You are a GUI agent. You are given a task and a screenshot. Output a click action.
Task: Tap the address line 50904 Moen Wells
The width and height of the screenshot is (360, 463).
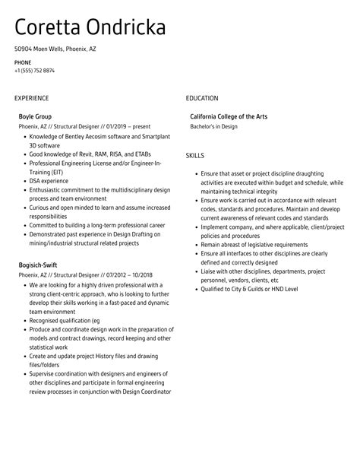point(55,49)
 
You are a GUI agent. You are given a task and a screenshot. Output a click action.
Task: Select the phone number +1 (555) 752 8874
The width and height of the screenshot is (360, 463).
point(34,71)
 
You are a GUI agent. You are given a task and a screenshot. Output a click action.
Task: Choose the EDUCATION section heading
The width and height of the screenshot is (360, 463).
point(202,98)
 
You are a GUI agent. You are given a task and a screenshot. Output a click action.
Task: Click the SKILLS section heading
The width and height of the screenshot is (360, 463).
point(196,155)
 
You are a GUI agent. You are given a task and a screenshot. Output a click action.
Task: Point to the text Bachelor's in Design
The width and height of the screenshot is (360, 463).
point(213,126)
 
